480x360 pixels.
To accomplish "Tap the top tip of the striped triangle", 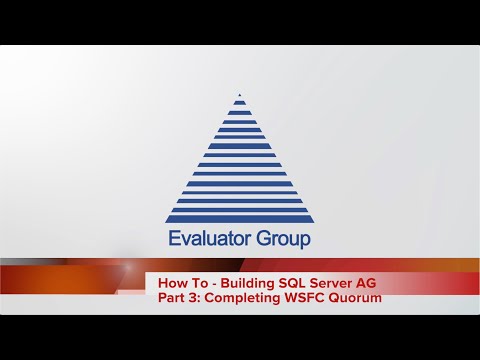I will (x=240, y=96).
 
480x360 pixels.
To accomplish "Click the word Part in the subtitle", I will (x=173, y=298).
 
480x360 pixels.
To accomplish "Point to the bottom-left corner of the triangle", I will (x=167, y=221).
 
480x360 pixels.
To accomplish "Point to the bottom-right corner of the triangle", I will (x=313, y=221).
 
